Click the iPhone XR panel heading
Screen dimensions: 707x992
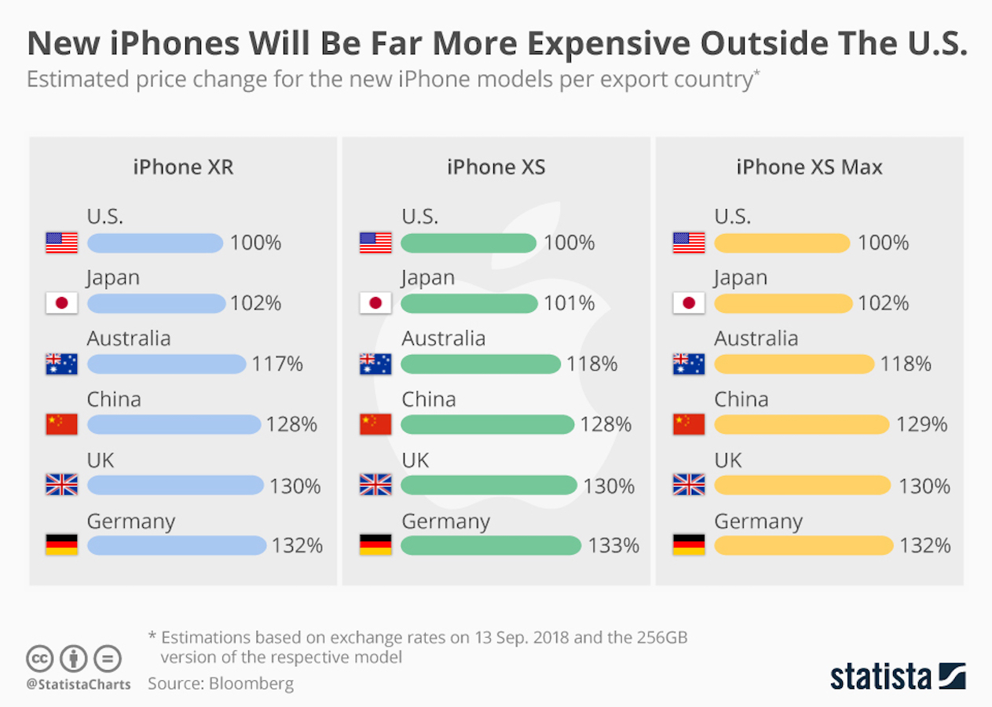tap(183, 167)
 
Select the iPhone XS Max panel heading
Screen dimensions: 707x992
tap(809, 167)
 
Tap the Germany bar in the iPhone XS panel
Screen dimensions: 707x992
tap(491, 545)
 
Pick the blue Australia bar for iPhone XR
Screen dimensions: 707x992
tap(167, 364)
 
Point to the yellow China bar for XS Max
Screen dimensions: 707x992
tap(802, 424)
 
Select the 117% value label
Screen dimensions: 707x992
tap(277, 364)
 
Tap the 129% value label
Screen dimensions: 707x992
tap(922, 424)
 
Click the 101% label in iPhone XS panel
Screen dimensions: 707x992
tap(569, 303)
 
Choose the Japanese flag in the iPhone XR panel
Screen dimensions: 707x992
tap(62, 303)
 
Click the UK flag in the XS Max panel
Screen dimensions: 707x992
tap(689, 485)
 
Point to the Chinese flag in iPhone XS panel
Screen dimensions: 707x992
tap(375, 424)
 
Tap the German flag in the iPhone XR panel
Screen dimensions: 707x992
tap(62, 545)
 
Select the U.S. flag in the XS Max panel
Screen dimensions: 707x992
tap(689, 243)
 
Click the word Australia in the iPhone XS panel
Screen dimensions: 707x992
tap(444, 339)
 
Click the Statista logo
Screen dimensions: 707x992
tap(898, 676)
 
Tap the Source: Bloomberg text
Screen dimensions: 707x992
tap(221, 683)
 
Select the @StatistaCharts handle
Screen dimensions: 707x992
tap(79, 684)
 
